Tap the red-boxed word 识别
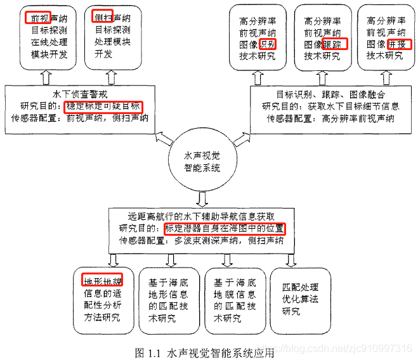[268, 45]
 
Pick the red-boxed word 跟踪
[334, 45]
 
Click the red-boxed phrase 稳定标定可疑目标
[103, 106]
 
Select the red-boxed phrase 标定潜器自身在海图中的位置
[225, 229]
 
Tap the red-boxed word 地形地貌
[102, 280]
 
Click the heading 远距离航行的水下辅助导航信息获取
[202, 216]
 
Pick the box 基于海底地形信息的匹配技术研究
[169, 299]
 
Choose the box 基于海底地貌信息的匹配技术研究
[235, 299]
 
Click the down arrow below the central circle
[202, 199]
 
